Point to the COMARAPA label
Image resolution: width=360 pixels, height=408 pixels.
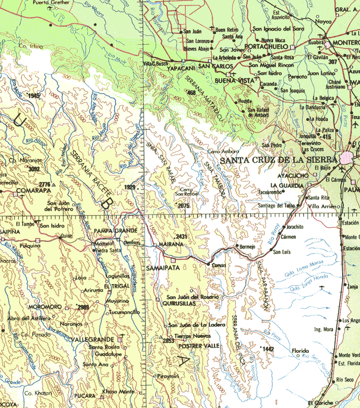(x=32, y=191)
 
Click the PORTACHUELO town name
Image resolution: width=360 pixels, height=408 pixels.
(x=265, y=46)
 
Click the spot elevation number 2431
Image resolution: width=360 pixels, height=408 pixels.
(x=181, y=237)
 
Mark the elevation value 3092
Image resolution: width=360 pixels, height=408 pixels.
(x=34, y=169)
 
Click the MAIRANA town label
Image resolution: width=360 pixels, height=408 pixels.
(x=168, y=244)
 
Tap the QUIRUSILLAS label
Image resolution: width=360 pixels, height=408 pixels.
(x=179, y=304)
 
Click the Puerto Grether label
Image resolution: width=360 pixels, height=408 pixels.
(x=51, y=2)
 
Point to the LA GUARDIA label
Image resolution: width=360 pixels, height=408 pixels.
(x=287, y=185)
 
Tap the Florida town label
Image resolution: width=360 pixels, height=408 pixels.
(x=300, y=351)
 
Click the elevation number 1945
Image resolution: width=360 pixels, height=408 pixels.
(x=34, y=96)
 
